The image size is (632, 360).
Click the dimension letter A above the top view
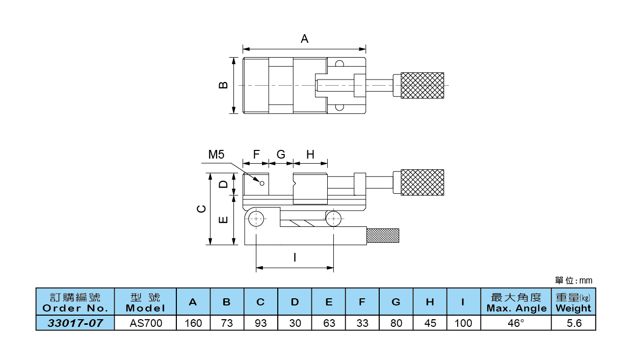[305, 39]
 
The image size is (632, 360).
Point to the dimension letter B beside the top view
[223, 85]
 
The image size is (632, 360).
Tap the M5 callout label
[216, 155]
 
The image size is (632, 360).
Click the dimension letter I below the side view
[295, 258]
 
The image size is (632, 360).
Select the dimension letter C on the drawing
[202, 209]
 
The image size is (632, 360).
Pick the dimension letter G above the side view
[281, 155]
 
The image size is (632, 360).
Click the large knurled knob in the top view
[423, 85]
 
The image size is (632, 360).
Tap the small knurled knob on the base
[383, 236]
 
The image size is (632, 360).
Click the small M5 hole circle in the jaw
[262, 184]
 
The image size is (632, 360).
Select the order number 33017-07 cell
[75, 323]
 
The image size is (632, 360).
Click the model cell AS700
[145, 323]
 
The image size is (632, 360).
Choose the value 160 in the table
[193, 323]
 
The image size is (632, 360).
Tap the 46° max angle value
[516, 323]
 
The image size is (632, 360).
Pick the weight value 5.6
[573, 323]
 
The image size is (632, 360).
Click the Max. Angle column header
[516, 302]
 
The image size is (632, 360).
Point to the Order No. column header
[75, 302]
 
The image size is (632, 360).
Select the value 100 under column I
[464, 323]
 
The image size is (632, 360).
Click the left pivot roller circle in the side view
[256, 218]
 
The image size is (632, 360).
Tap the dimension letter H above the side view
[310, 155]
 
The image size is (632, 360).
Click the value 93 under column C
[260, 323]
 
